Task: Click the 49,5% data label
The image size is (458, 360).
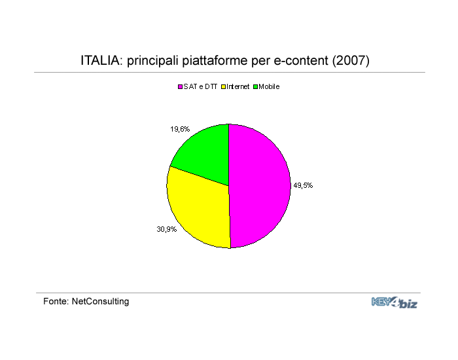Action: pyautogui.click(x=303, y=185)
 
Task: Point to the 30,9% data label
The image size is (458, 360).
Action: pyautogui.click(x=166, y=229)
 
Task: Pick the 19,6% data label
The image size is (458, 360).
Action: pyautogui.click(x=180, y=129)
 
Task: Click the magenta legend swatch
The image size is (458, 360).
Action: pyautogui.click(x=180, y=87)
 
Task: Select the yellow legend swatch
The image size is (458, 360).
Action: pyautogui.click(x=224, y=87)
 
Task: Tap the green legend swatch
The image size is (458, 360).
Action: pyautogui.click(x=256, y=87)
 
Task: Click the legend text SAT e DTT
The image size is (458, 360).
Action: pyautogui.click(x=200, y=87)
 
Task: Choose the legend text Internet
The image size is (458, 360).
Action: pyautogui.click(x=238, y=87)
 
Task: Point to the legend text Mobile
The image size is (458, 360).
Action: pyautogui.click(x=269, y=87)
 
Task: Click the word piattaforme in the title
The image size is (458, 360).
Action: pyautogui.click(x=215, y=61)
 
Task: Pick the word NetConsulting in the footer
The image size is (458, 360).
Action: pyautogui.click(x=100, y=302)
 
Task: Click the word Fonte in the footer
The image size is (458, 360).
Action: pyautogui.click(x=56, y=301)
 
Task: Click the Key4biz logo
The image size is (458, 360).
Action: pyautogui.click(x=395, y=302)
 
